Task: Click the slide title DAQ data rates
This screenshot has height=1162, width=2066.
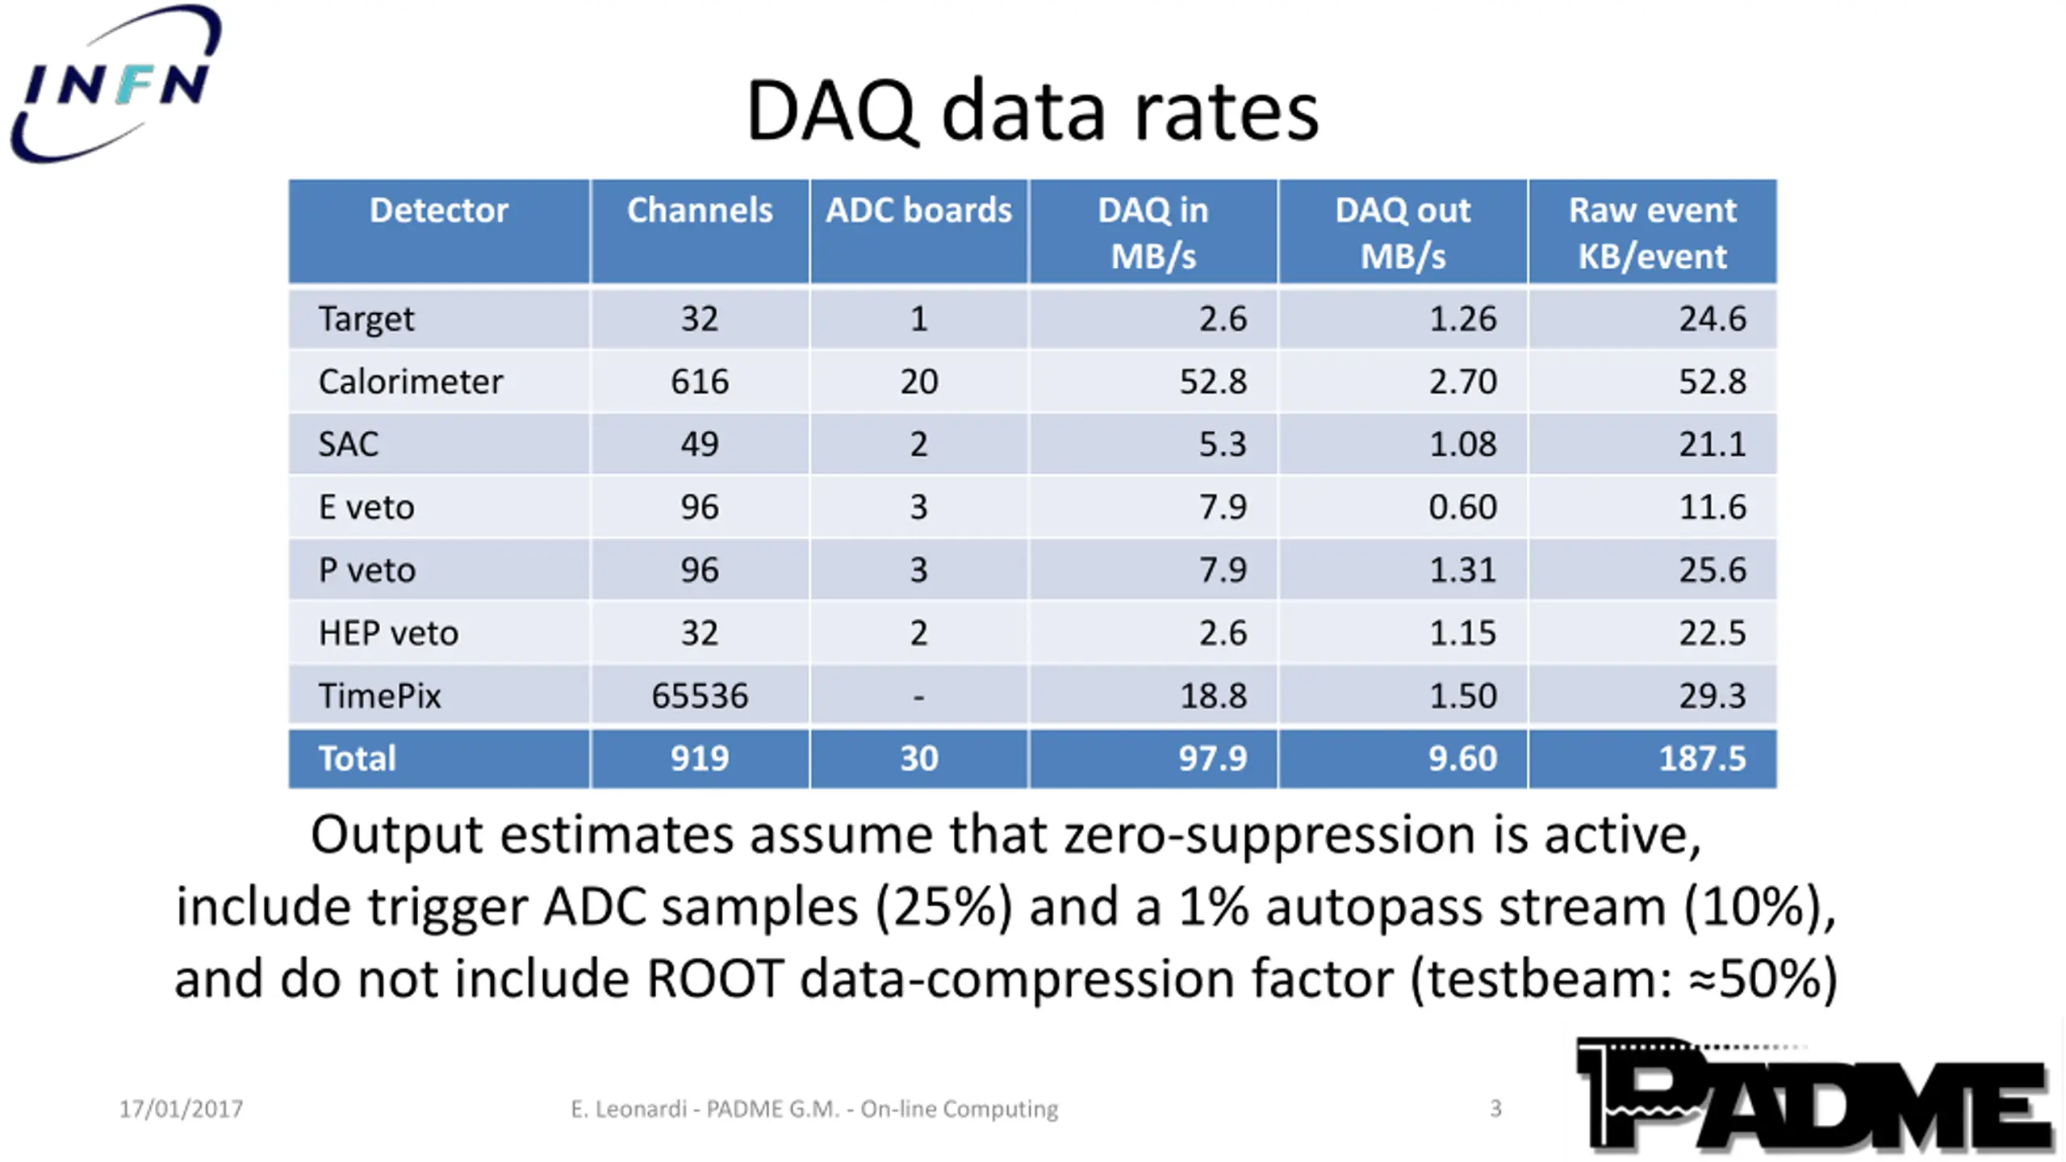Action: (x=1032, y=111)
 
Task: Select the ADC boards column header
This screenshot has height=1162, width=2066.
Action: (x=918, y=211)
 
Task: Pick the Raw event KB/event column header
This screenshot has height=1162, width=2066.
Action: (x=1652, y=232)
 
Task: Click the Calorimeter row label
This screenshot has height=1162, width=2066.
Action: (x=410, y=382)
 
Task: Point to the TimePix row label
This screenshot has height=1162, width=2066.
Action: (x=379, y=696)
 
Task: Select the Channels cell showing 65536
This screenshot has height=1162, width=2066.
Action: (x=700, y=696)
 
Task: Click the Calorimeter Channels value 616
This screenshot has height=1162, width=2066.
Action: (x=700, y=382)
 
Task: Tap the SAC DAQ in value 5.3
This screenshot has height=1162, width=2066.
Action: (x=1222, y=445)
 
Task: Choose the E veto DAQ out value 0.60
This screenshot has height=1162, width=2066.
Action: (x=1462, y=508)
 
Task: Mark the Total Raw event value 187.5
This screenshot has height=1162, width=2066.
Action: (x=1701, y=759)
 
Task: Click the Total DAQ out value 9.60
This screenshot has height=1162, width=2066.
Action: (x=1462, y=759)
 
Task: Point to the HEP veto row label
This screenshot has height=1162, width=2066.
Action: (x=388, y=633)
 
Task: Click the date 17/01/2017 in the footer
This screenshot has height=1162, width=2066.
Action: (x=181, y=1110)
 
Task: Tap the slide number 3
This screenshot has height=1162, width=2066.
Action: (x=1495, y=1109)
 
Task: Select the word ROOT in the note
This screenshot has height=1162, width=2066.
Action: (x=714, y=980)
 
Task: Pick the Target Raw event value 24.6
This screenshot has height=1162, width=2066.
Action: (x=1712, y=319)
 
